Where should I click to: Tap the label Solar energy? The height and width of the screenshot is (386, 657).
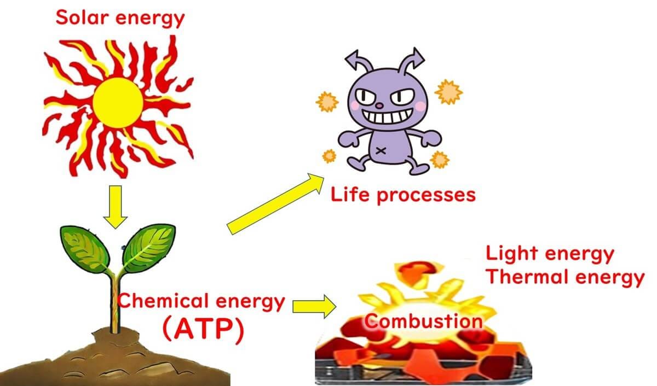120,17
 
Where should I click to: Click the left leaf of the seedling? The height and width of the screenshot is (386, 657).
87,247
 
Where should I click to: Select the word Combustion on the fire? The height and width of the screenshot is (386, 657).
423,321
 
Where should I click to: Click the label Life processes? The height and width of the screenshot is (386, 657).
403,195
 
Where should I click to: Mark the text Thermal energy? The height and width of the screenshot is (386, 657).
565,277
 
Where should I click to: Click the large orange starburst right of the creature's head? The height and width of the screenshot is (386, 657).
448,92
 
